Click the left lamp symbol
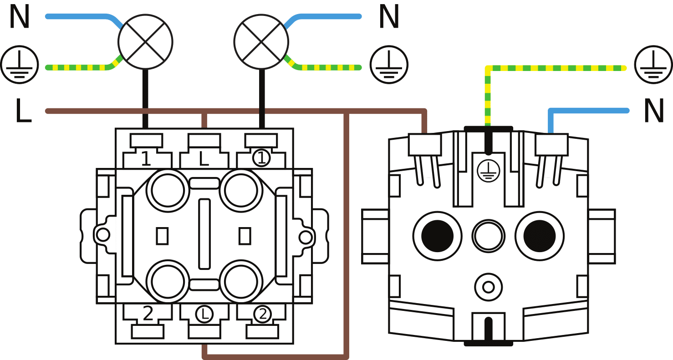145,41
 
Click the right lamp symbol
261,41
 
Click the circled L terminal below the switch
204,314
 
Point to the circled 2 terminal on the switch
262,314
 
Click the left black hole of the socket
437,236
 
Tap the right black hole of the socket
540,236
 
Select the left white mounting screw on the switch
103,235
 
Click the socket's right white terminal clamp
551,145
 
